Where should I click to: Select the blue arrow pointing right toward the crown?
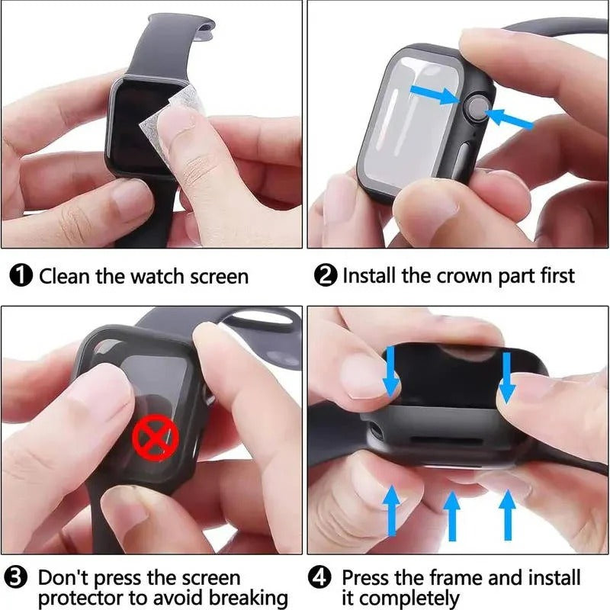click(434, 95)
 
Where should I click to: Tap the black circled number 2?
click(328, 276)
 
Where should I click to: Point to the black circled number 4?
click(322, 578)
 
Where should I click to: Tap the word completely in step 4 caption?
click(400, 599)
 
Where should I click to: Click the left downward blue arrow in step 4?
click(390, 371)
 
